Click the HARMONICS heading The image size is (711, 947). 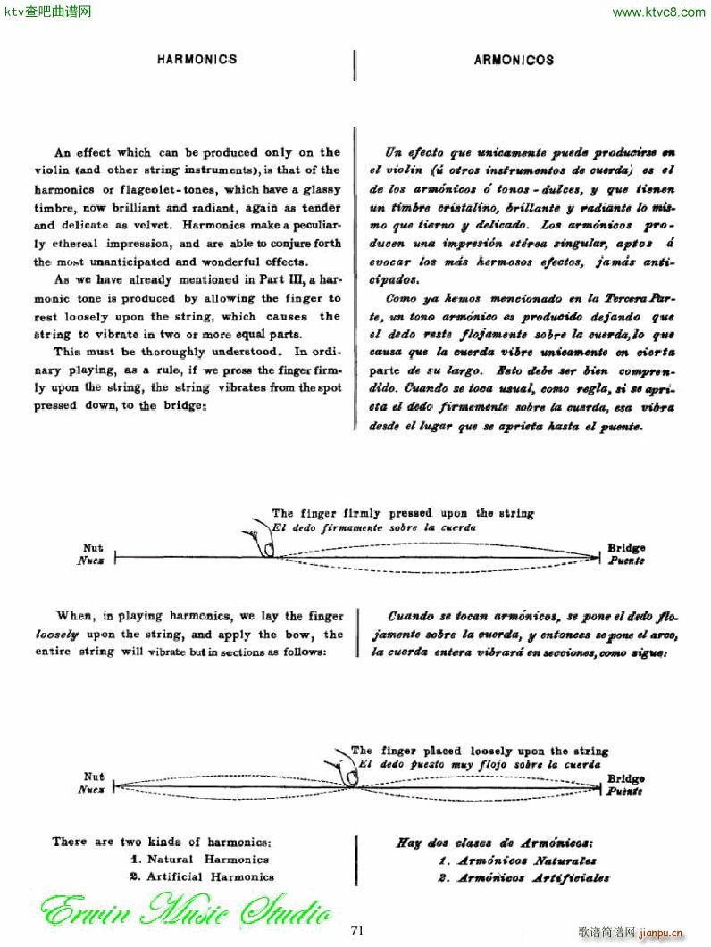197,60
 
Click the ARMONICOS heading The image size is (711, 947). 514,61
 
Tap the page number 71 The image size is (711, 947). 356,930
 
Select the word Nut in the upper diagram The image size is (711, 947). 93,548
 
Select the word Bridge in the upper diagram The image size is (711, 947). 626,548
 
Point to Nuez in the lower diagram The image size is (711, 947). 92,790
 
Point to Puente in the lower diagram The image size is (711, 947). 626,791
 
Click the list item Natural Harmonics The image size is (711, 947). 199,860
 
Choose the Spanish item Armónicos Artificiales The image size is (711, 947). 524,877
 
